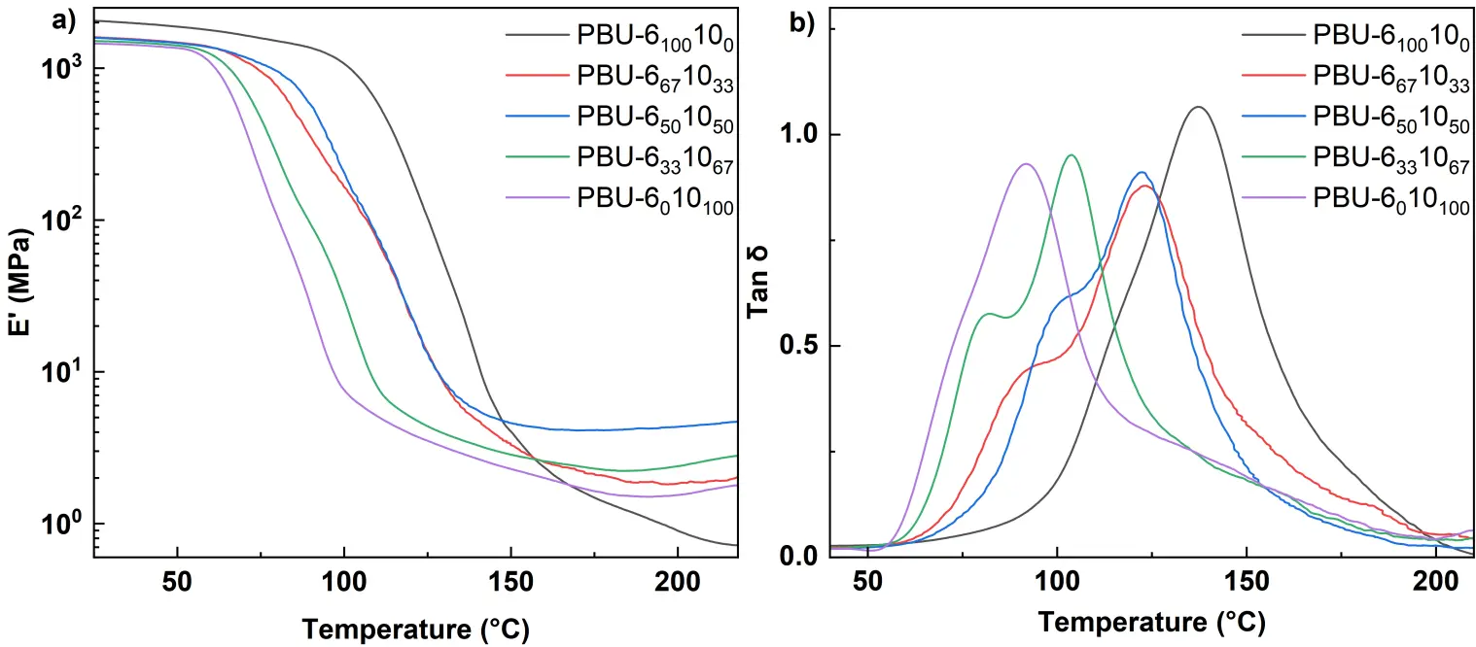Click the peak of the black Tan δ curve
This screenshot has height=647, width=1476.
click(x=1199, y=107)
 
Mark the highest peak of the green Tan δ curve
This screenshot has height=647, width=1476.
click(x=1072, y=155)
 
